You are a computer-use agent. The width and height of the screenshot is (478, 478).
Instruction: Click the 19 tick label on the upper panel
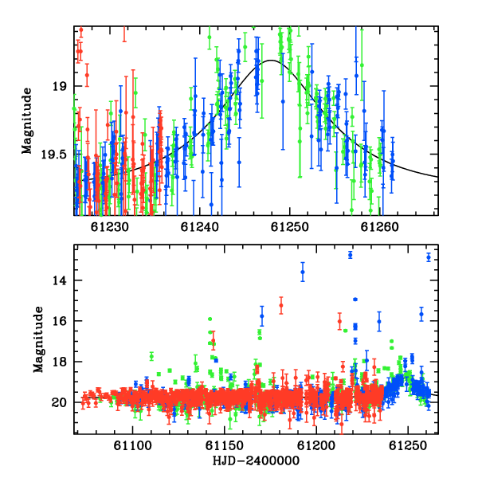click(59, 86)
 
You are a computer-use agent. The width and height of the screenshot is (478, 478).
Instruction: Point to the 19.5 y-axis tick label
click(53, 155)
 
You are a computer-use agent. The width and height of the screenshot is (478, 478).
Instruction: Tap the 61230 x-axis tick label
click(109, 227)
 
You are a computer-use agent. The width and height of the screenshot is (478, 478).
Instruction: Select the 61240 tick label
click(200, 227)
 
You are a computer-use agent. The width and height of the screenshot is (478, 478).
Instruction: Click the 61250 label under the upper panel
click(290, 227)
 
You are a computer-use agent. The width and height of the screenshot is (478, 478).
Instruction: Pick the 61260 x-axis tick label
click(379, 227)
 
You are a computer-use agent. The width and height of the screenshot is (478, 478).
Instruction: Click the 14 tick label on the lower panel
click(59, 280)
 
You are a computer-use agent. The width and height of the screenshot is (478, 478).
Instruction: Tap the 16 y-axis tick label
click(59, 321)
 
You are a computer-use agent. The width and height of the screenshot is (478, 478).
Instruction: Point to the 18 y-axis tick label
click(59, 362)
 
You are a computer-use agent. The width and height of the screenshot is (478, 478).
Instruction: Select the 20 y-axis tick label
click(59, 402)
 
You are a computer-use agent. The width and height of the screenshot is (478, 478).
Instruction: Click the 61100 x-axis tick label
click(132, 446)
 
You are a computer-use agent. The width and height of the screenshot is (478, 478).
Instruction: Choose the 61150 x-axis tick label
click(225, 446)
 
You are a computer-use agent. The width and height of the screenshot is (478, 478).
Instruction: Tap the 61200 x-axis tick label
click(316, 446)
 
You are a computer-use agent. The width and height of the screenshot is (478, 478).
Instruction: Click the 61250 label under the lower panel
click(408, 446)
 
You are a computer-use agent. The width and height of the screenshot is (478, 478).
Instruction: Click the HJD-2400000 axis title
click(256, 460)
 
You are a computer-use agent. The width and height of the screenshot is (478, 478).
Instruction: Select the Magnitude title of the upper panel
click(27, 121)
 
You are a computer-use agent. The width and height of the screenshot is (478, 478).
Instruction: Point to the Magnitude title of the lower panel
click(38, 339)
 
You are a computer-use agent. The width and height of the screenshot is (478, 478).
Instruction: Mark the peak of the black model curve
click(271, 61)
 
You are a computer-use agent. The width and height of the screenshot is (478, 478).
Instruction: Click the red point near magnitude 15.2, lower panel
click(281, 305)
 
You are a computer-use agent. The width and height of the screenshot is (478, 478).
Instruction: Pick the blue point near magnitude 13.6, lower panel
click(303, 272)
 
